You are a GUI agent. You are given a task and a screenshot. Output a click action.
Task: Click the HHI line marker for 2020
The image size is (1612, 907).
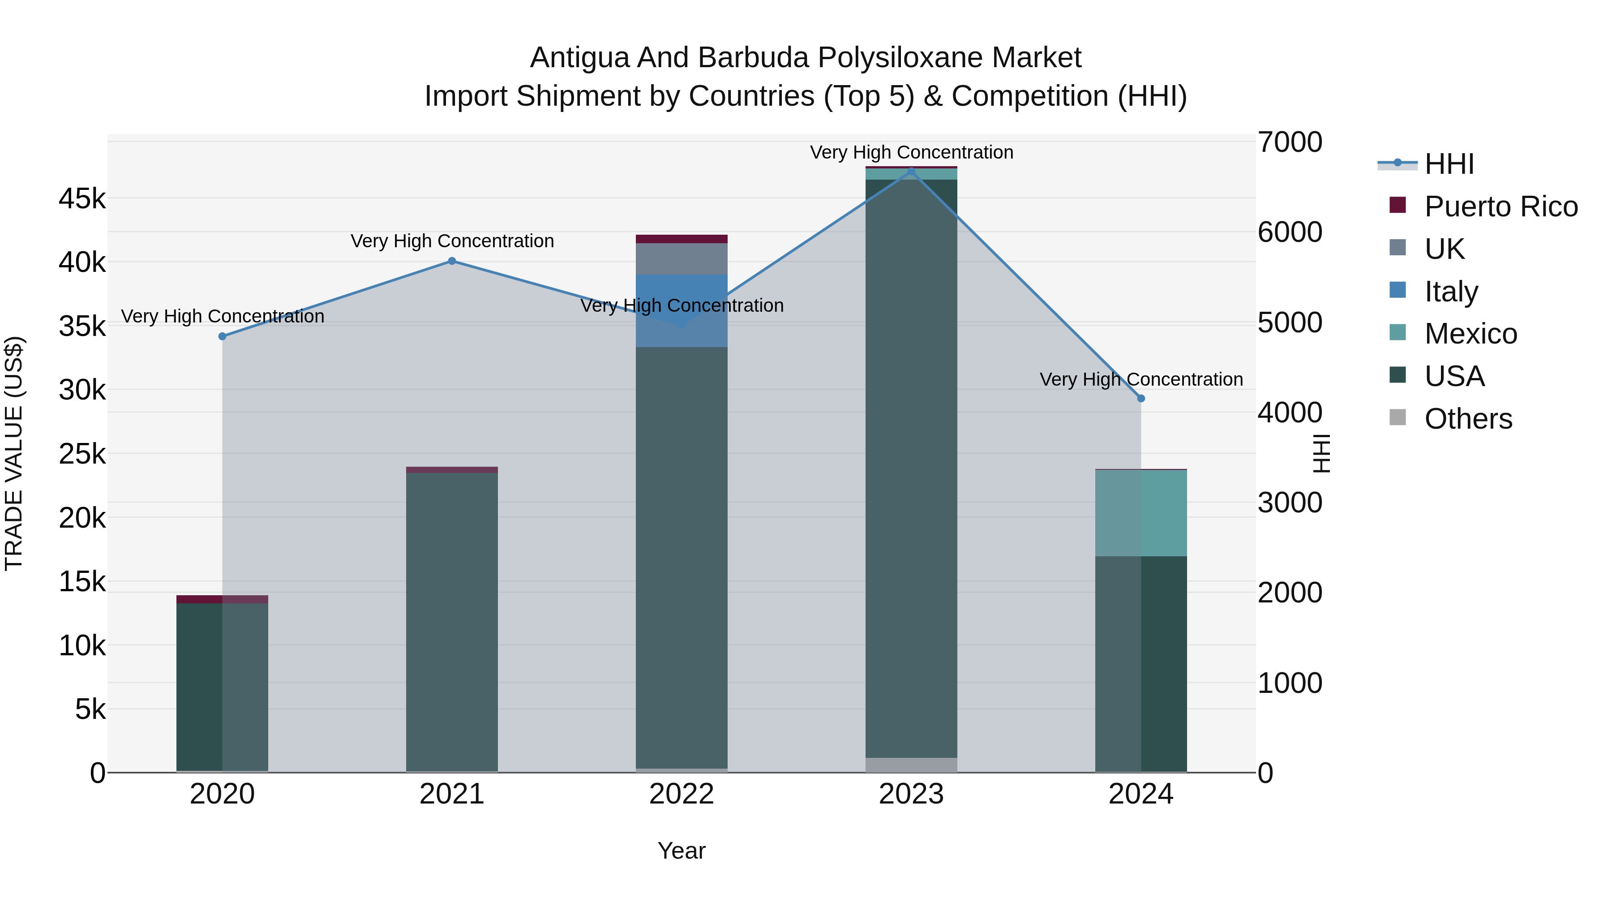(x=222, y=336)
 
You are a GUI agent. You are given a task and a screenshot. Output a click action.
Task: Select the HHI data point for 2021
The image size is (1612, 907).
(x=452, y=261)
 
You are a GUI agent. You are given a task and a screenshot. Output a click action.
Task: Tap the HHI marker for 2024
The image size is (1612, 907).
(x=1141, y=398)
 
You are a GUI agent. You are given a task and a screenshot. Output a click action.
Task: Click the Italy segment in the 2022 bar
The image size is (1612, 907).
(x=682, y=310)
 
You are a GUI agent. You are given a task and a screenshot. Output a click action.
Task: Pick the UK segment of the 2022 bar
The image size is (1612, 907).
(x=682, y=258)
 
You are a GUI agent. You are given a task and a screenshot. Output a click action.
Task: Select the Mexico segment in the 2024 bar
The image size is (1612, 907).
(x=1141, y=513)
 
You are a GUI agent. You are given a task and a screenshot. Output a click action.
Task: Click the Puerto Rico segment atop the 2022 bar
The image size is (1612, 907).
(x=682, y=238)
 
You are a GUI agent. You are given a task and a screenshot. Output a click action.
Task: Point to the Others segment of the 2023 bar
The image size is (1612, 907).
(x=911, y=765)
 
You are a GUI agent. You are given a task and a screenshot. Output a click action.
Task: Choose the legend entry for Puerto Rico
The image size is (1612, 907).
(x=1501, y=206)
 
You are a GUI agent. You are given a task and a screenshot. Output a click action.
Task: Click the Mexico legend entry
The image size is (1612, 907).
(x=1471, y=334)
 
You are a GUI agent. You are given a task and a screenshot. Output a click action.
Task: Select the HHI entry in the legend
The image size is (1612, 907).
(x=1449, y=164)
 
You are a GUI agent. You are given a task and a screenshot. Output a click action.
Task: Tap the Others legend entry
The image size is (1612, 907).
(x=1468, y=419)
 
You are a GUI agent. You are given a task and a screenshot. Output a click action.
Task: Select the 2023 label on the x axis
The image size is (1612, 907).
(x=911, y=794)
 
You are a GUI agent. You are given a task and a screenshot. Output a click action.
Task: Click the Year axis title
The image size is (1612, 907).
(x=682, y=851)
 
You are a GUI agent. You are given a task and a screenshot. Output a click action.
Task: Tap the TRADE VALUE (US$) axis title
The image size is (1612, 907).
(x=14, y=453)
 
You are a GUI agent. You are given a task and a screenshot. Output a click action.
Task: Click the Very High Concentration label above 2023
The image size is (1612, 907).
(x=911, y=152)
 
